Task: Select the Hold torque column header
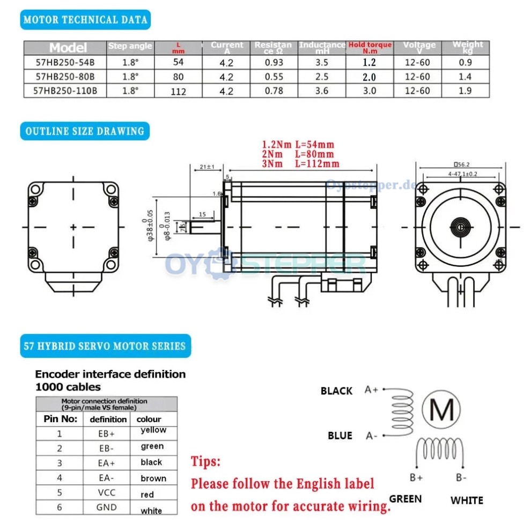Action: tap(370, 47)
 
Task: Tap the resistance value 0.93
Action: tap(274, 62)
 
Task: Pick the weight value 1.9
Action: tap(465, 91)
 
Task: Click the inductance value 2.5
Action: tap(321, 77)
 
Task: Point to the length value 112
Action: tap(178, 91)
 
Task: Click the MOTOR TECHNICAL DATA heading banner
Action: tap(85, 20)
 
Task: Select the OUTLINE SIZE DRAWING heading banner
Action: tap(84, 131)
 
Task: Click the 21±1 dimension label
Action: tap(207, 167)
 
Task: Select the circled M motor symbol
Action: tap(442, 410)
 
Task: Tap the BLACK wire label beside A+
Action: tap(336, 391)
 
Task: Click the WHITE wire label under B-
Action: tap(467, 501)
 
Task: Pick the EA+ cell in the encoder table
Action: tap(107, 462)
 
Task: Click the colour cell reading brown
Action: tap(153, 478)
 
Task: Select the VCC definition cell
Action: tap(107, 492)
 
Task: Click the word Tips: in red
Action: tap(205, 461)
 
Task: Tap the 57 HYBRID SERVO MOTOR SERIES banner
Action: tap(105, 346)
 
